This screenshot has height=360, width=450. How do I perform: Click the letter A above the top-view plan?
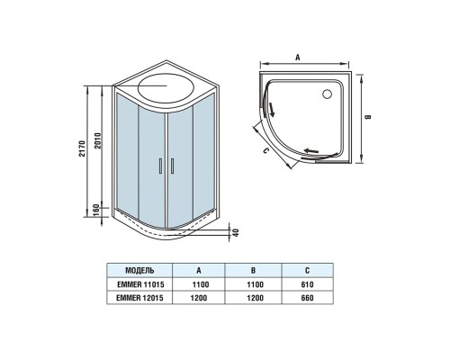297,56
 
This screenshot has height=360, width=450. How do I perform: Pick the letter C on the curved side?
267,151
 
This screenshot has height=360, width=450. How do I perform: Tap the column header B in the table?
255,270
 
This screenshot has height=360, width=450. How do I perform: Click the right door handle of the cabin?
167,166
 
